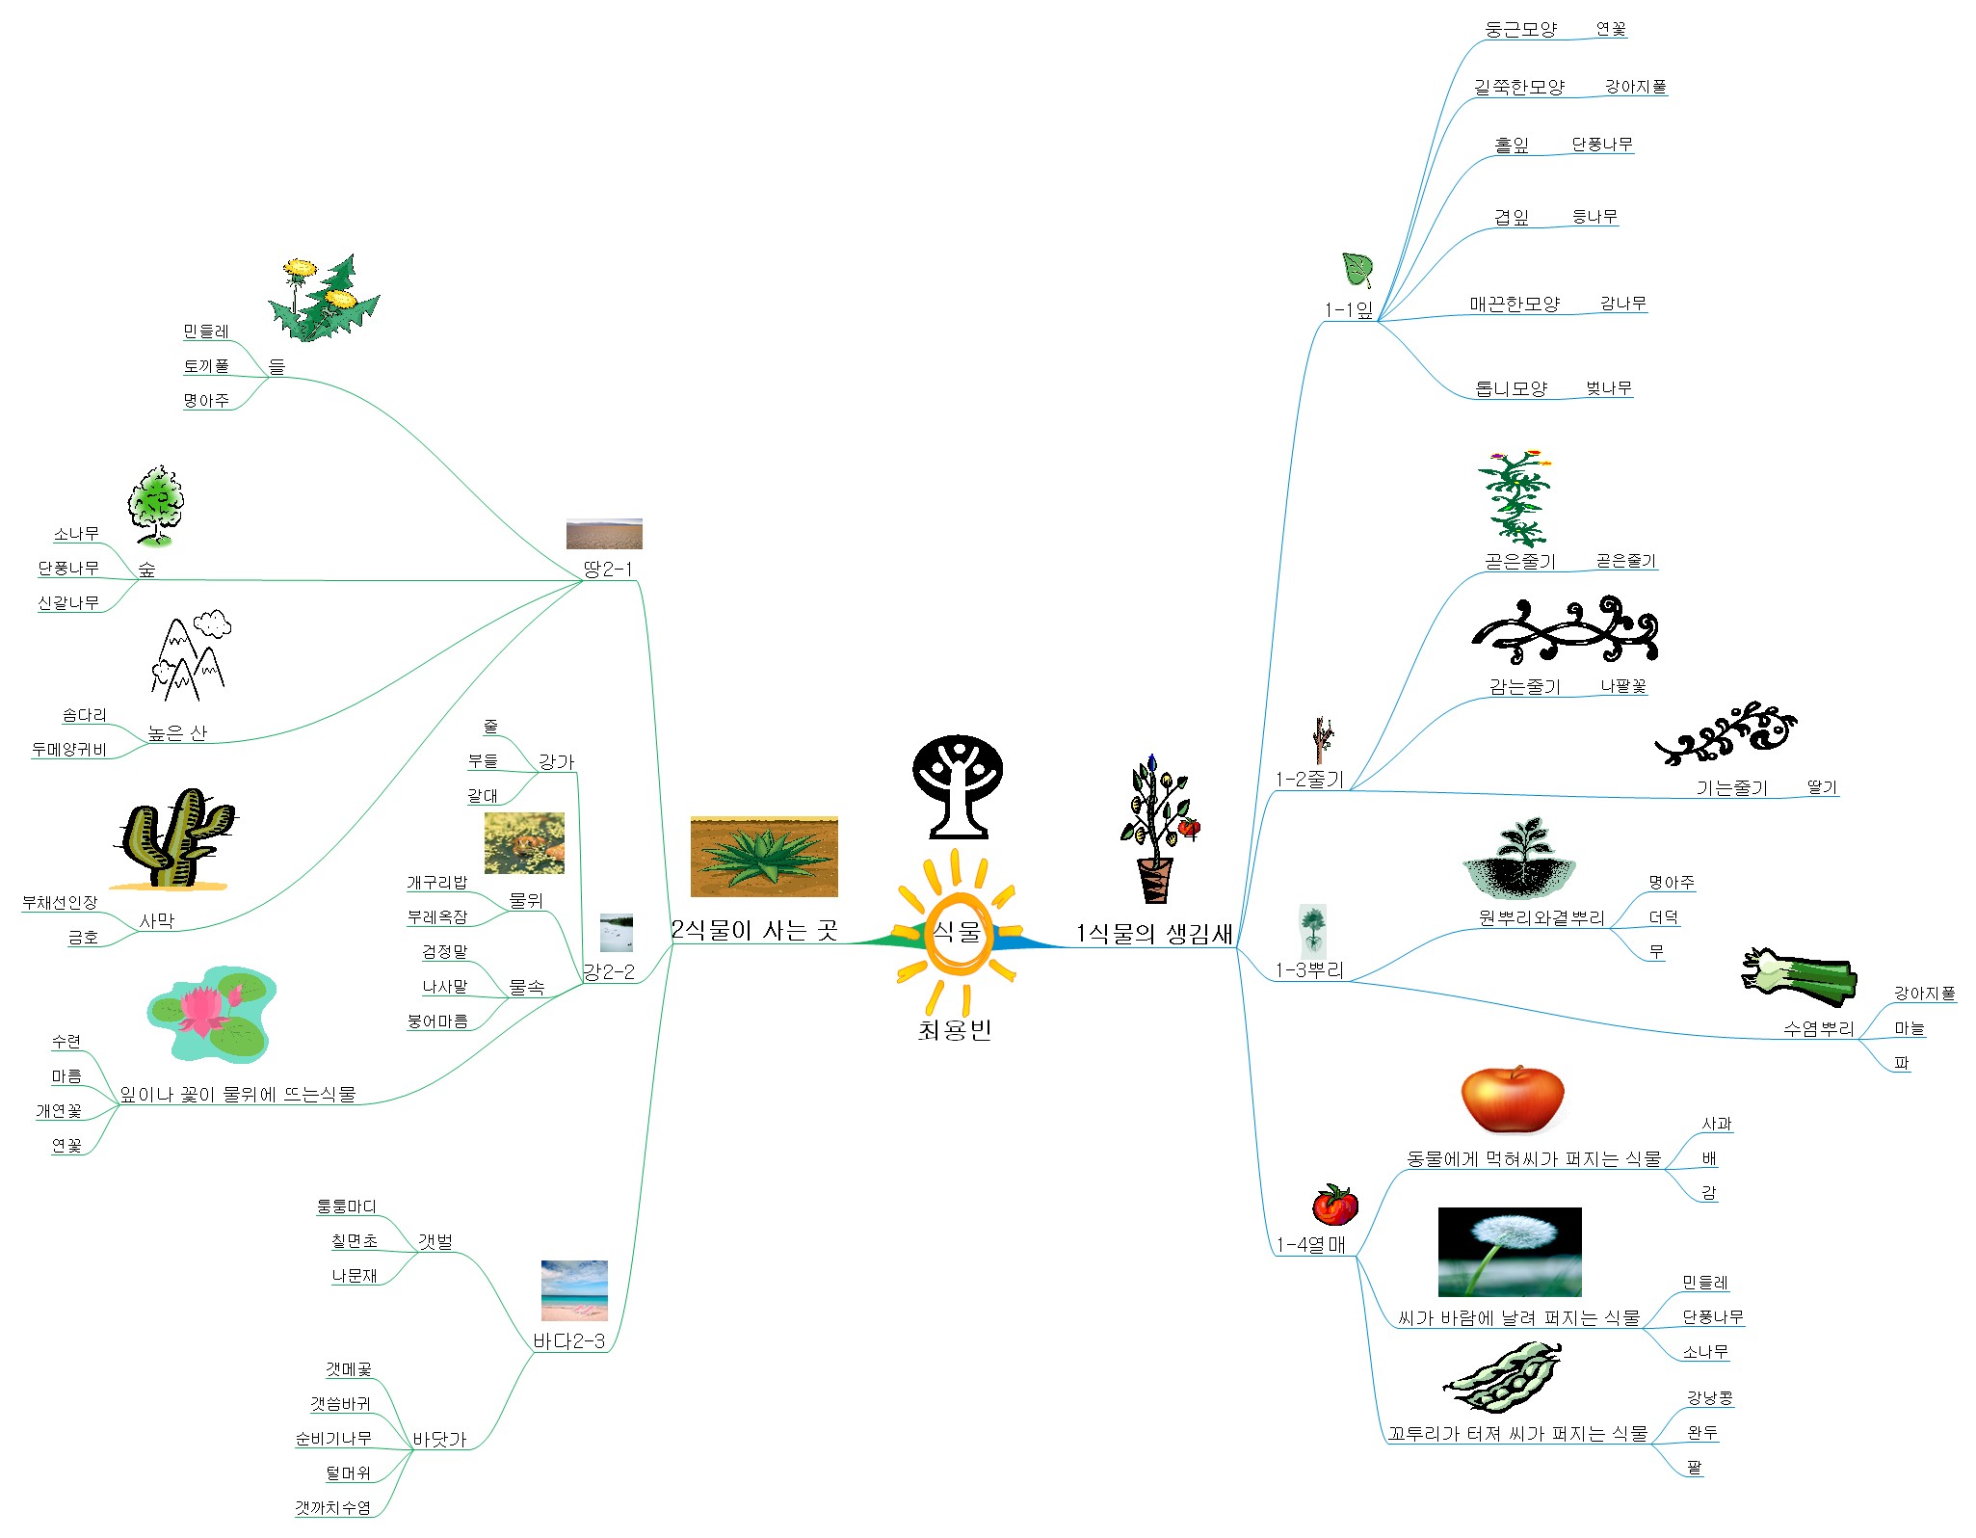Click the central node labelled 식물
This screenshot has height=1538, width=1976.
click(x=957, y=932)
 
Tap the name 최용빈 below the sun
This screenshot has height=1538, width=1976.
click(x=955, y=1030)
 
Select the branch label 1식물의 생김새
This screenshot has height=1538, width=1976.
click(x=1154, y=933)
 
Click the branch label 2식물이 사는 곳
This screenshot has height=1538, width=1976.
click(x=754, y=930)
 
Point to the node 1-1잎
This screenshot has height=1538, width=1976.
click(x=1349, y=309)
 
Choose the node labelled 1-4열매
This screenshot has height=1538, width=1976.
click(x=1311, y=1244)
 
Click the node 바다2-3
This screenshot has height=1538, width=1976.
click(x=569, y=1340)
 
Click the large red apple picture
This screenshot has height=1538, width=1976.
click(x=1512, y=1100)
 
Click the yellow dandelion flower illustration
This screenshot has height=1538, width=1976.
click(x=324, y=297)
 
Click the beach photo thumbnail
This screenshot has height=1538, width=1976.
click(x=574, y=1290)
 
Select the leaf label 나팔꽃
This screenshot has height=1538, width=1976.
click(x=1623, y=686)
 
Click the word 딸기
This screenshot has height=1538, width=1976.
click(x=1822, y=787)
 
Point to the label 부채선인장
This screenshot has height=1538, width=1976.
click(x=60, y=902)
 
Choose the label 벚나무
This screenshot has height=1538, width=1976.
click(x=1609, y=388)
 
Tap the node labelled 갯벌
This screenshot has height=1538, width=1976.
click(x=435, y=1241)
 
